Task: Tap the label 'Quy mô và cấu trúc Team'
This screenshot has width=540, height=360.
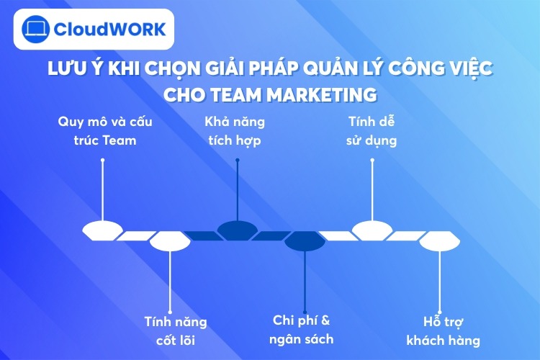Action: pos(105,130)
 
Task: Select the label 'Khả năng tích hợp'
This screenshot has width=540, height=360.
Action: pos(238,130)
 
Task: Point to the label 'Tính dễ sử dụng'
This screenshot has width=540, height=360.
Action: pos(372,130)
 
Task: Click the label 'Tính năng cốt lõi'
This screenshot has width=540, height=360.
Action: pos(170,330)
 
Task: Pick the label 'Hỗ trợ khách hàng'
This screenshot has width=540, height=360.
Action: pos(442,330)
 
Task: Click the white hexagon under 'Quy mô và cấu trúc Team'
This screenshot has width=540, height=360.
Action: pos(102,230)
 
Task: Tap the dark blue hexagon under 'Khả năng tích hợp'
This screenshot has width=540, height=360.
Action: pos(238,230)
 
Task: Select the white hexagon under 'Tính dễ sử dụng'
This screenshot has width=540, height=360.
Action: pos(372,230)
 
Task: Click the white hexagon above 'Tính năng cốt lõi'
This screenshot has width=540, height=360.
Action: pos(170,241)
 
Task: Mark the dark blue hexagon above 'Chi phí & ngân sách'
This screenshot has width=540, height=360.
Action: pos(305,241)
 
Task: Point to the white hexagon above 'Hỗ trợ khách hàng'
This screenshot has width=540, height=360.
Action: pos(440,241)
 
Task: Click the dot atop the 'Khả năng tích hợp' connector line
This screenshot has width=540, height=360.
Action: pos(238,161)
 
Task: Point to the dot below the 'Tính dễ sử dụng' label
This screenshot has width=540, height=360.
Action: pos(372,161)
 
